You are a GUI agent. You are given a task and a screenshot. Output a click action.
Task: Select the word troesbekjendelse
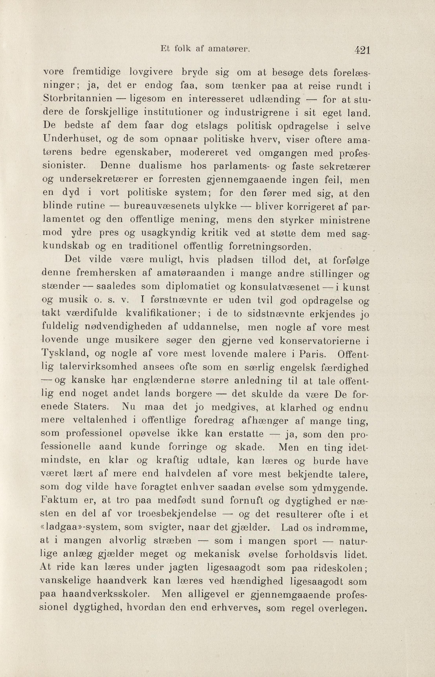pos(177,514)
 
